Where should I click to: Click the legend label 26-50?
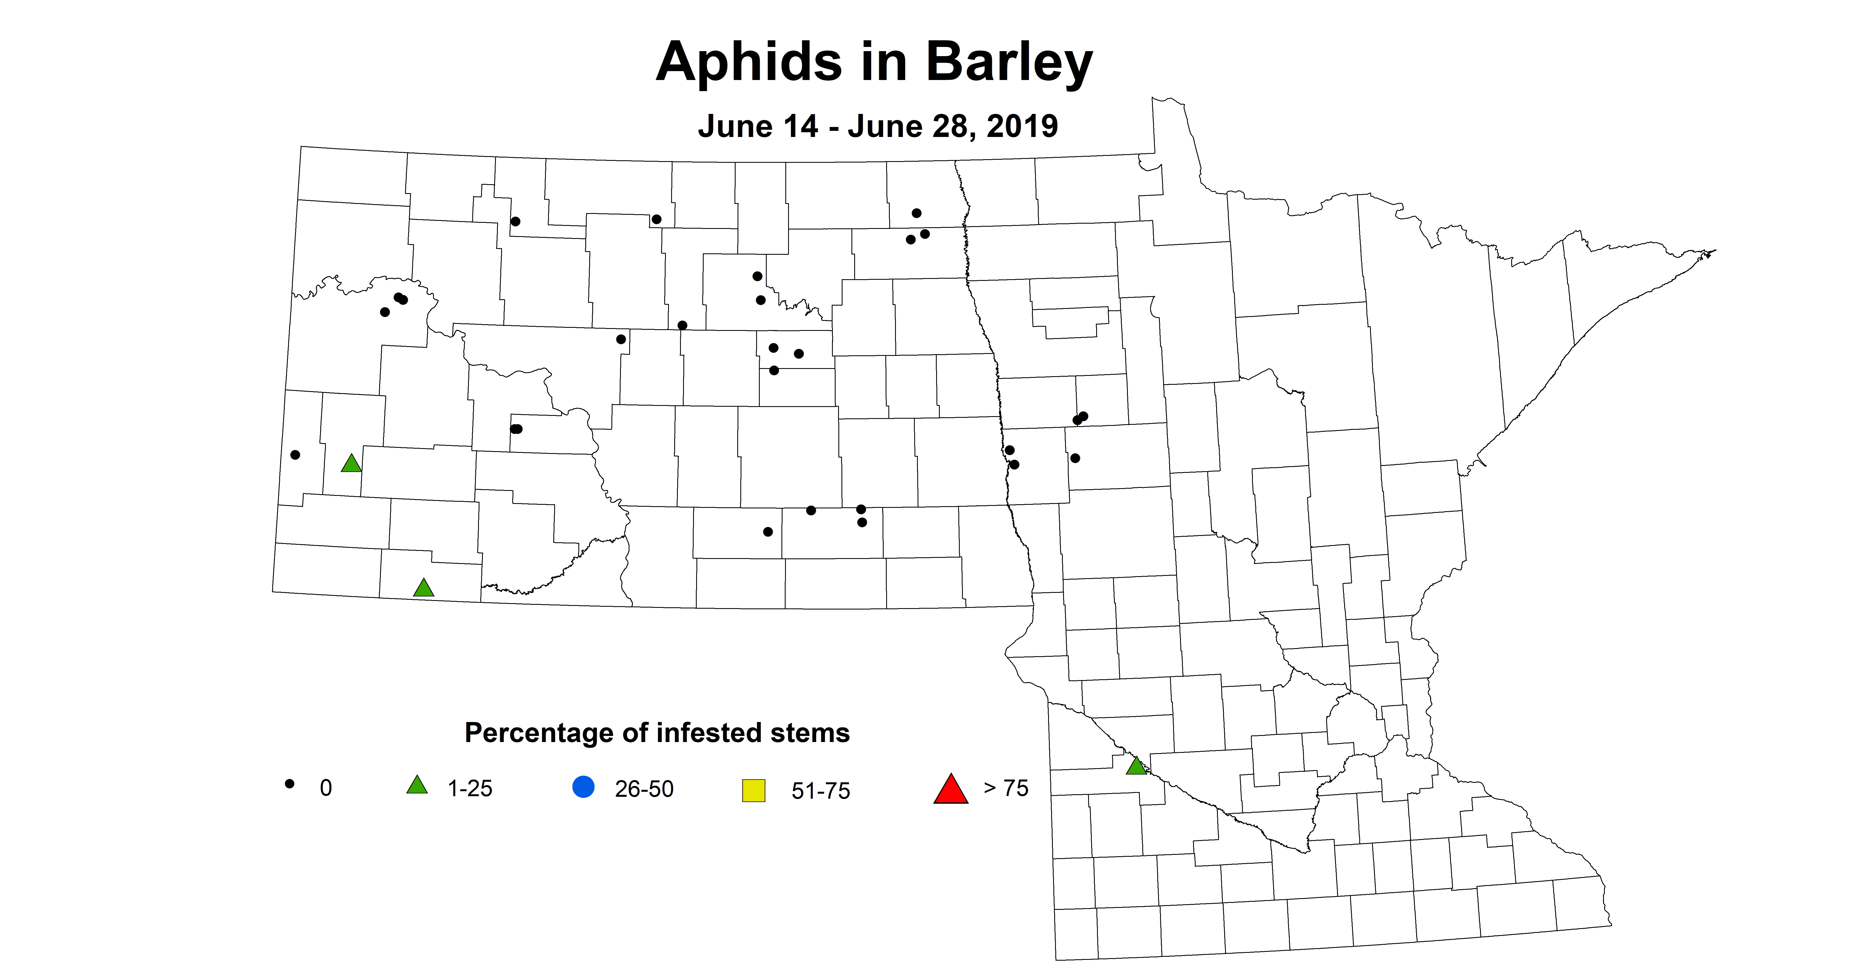(x=644, y=789)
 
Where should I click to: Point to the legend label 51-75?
(x=820, y=791)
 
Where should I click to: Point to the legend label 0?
(x=326, y=788)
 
